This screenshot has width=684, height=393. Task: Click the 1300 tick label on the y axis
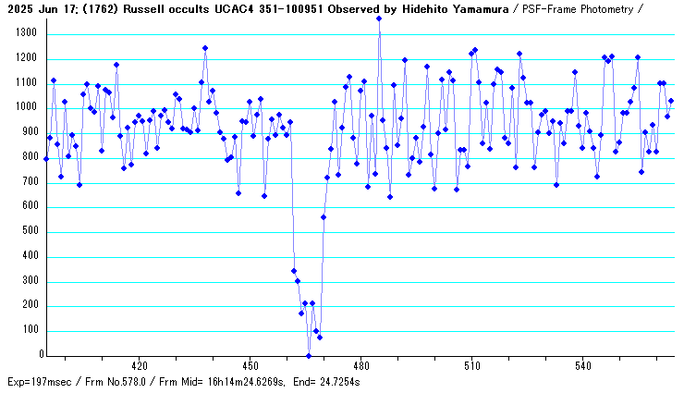click(23, 33)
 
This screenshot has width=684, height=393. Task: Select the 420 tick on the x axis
click(139, 366)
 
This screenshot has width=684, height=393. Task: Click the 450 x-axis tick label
click(250, 366)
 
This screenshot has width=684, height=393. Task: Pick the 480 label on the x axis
click(360, 366)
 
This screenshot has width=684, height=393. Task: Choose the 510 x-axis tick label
click(471, 366)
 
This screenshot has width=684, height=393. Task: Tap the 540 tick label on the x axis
click(582, 366)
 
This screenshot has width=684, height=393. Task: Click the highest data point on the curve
click(379, 18)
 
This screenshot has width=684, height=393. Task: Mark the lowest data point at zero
click(309, 355)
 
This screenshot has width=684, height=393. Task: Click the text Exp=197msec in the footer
click(39, 382)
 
